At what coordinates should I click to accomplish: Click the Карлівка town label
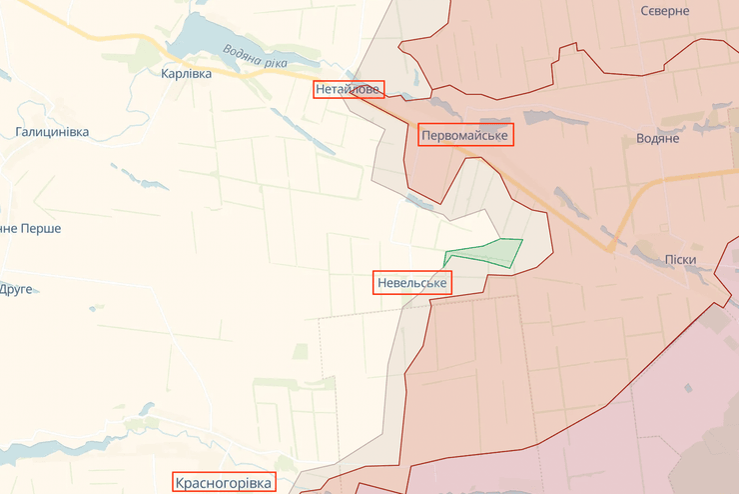pos(186,73)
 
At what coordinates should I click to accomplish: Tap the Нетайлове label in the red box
pos(347,89)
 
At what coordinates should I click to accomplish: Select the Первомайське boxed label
pos(464,135)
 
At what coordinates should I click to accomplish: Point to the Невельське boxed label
pos(412,283)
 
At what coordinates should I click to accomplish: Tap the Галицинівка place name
pos(52,132)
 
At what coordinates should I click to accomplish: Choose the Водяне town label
pos(657,138)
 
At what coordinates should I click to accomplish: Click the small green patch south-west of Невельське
pos(300,351)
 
